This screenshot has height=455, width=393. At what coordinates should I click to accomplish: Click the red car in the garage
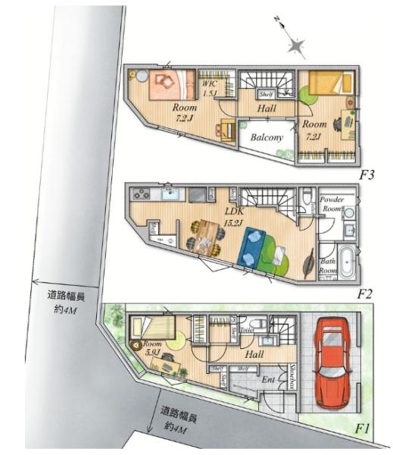pos(332,362)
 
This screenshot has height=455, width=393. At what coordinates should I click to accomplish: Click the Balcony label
pos(266,138)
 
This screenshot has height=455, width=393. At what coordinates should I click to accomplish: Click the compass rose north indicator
pos(295,45)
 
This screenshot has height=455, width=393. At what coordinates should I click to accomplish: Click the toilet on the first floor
pos(258,324)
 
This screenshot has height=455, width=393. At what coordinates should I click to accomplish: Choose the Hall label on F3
pos(266,109)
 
